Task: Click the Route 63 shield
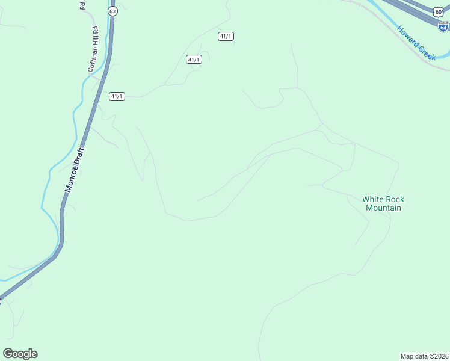pos(112,11)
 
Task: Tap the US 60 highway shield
pos(437,12)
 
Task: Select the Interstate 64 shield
pos(443,26)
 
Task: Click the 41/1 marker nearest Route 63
pos(117,96)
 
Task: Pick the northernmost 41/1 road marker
pos(226,36)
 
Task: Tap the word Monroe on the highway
pos(73,177)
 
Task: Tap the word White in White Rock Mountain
pos(372,199)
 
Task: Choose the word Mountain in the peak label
pos(383,208)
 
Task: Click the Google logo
pos(20,354)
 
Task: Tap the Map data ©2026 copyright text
pos(424,356)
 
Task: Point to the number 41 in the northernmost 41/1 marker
pos(223,36)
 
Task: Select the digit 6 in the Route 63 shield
pos(111,11)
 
